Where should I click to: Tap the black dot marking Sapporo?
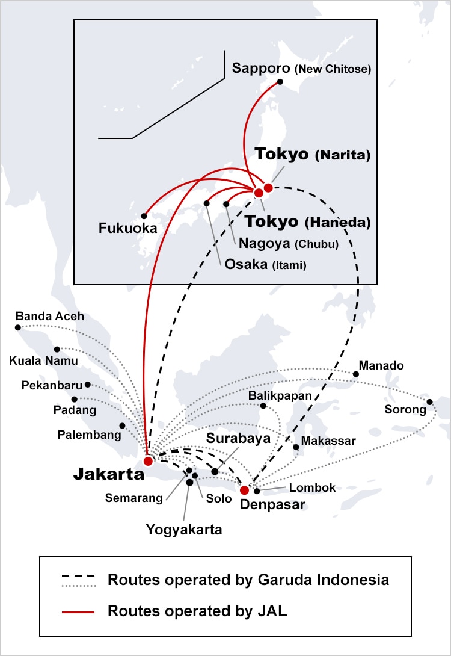(x=280, y=82)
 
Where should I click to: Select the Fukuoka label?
(x=128, y=228)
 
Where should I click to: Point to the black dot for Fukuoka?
(x=144, y=215)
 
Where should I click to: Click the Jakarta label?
(x=108, y=474)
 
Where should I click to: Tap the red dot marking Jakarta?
(x=148, y=461)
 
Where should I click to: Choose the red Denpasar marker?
(x=244, y=490)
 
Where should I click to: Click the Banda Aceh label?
(x=50, y=316)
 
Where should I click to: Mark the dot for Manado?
(x=356, y=374)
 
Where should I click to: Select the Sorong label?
(x=405, y=410)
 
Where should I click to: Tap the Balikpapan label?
(x=280, y=395)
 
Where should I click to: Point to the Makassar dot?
(x=296, y=447)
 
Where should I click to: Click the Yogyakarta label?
(x=184, y=530)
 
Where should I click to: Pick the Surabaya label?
(x=238, y=438)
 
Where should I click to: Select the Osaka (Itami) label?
(x=265, y=264)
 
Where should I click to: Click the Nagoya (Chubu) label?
(x=289, y=244)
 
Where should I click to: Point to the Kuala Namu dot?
(x=57, y=349)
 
